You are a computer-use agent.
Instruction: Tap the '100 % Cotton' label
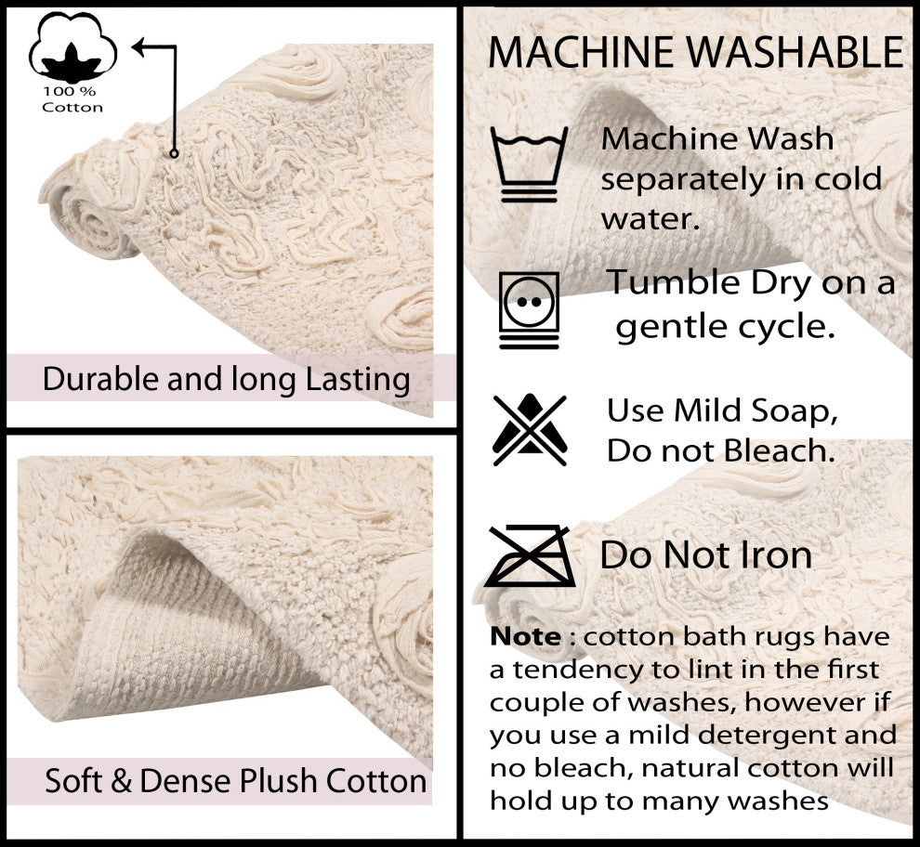click(x=72, y=100)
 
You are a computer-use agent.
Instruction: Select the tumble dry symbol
click(x=529, y=309)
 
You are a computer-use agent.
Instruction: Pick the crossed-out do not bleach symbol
click(x=529, y=429)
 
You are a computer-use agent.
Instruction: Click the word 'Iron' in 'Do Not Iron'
click(x=776, y=555)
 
